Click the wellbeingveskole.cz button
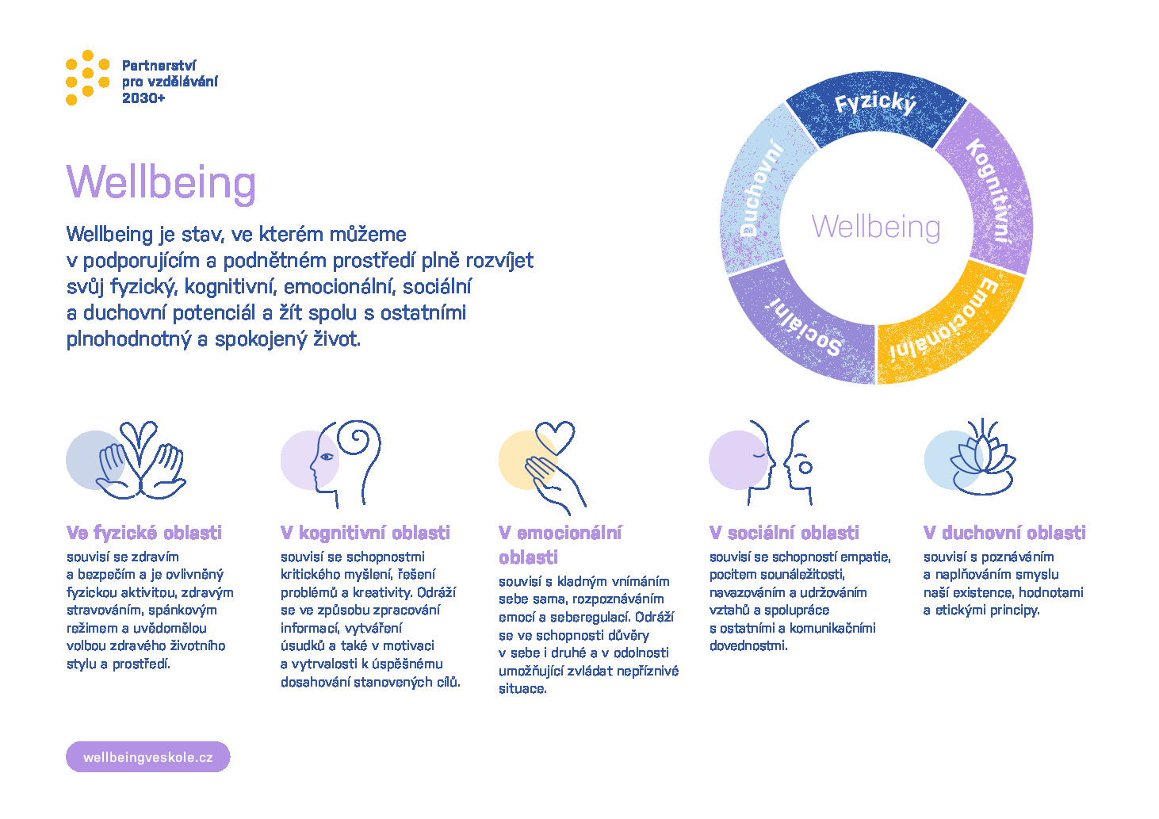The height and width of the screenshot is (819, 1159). (x=147, y=757)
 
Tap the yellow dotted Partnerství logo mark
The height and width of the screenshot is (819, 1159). (x=87, y=78)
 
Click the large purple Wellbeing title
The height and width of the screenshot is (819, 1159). (x=161, y=182)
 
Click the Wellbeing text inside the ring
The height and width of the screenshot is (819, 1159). (x=876, y=227)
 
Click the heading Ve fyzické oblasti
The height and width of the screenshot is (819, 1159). (x=143, y=532)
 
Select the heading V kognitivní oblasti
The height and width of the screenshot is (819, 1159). (x=365, y=532)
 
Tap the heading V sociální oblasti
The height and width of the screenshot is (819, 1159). (x=784, y=532)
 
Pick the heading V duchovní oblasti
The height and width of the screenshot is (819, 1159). (x=1004, y=532)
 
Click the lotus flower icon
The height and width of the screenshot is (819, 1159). (x=982, y=458)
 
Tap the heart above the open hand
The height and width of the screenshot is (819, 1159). (x=555, y=438)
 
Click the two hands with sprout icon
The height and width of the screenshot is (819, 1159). (x=141, y=461)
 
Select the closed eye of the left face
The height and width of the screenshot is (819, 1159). (x=759, y=456)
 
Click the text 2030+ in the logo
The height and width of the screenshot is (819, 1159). (x=143, y=98)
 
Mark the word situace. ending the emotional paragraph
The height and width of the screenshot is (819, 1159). (x=522, y=689)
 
